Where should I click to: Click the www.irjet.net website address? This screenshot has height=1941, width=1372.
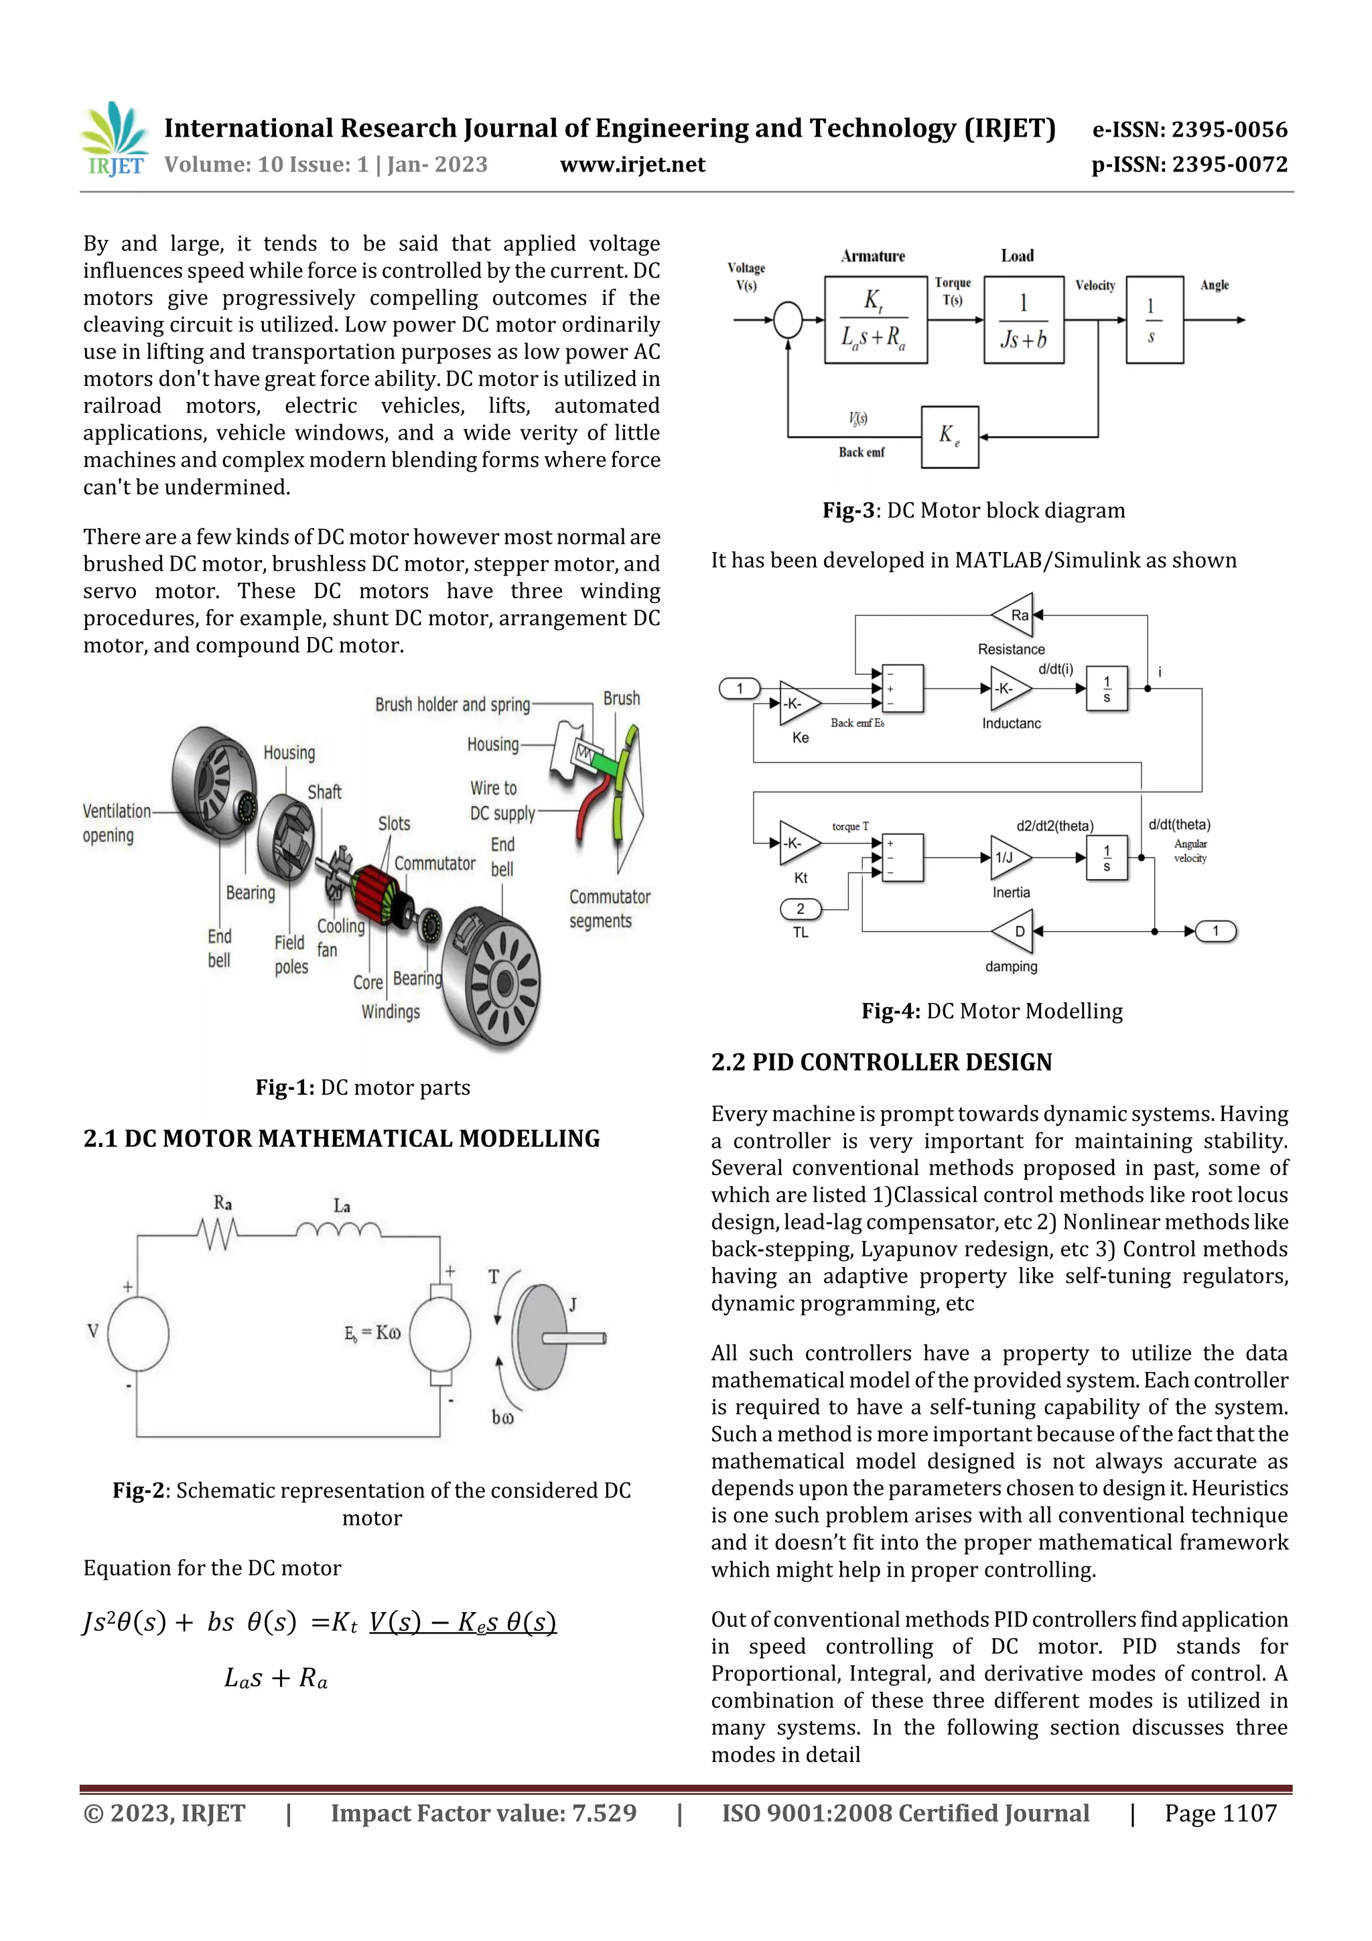click(632, 165)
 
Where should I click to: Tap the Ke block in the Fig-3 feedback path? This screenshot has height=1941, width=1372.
click(949, 437)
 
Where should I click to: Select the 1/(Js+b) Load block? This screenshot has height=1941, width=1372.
click(1023, 320)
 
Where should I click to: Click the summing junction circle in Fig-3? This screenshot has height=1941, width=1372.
click(788, 320)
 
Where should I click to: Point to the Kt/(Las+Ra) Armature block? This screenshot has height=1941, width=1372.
click(875, 320)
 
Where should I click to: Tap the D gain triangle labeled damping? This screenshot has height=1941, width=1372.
click(1014, 931)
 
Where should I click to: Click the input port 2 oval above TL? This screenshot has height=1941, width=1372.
click(800, 909)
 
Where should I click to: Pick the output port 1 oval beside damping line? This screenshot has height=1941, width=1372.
click(1216, 931)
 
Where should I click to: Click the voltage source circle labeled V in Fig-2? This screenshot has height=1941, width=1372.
click(138, 1333)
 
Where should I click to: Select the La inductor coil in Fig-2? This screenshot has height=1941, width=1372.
click(338, 1230)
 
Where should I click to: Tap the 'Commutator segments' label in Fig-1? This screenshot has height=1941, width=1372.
click(609, 908)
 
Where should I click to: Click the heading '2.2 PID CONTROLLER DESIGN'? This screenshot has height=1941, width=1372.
click(881, 1062)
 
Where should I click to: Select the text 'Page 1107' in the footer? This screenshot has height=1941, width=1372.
click(1220, 1812)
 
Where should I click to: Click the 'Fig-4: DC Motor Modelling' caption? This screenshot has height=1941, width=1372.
click(991, 1011)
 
